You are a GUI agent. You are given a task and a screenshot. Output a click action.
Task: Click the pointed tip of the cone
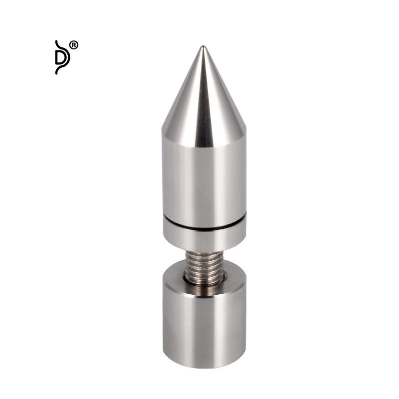202,46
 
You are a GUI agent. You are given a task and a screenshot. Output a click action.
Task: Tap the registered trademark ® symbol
74,45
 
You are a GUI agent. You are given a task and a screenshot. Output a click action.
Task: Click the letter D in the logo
61,57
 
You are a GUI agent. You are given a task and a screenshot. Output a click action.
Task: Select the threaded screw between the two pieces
204,268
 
